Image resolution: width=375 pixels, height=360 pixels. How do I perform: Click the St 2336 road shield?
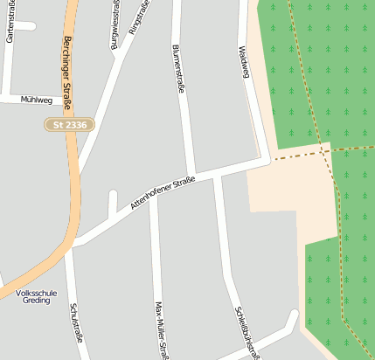click(x=70, y=126)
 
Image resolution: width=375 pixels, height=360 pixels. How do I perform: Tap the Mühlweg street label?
click(x=36, y=100)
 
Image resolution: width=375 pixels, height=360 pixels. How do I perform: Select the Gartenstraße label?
click(x=10, y=24)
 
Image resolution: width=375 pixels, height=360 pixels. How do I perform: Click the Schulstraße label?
click(x=75, y=323)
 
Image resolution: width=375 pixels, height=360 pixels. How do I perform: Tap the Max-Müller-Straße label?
click(x=160, y=330)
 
